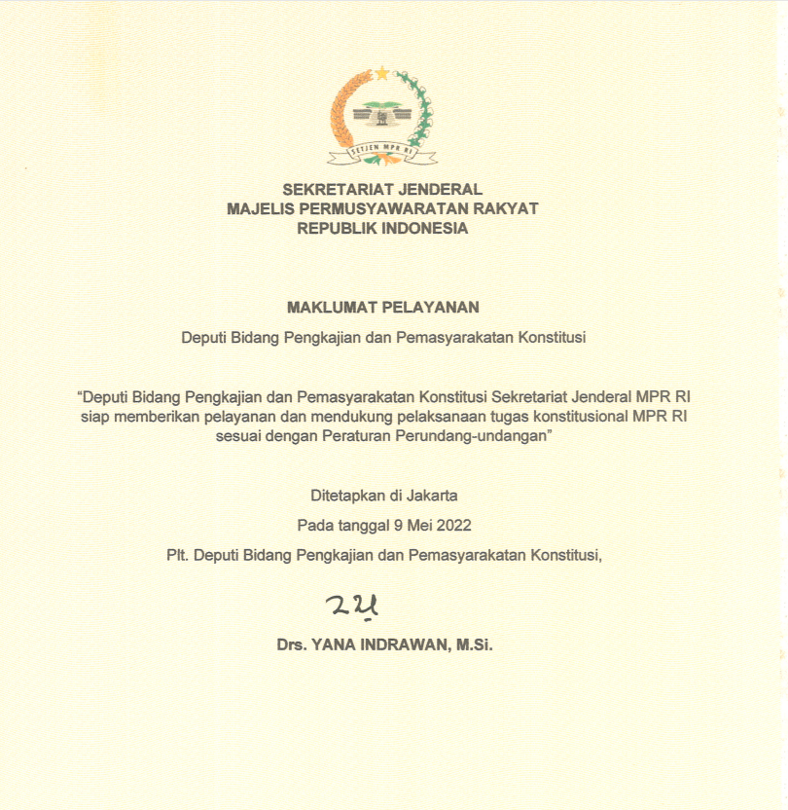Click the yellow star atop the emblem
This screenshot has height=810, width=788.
tap(382, 72)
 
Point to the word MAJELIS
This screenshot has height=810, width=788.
tap(259, 209)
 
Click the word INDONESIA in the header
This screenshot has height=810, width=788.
tap(425, 229)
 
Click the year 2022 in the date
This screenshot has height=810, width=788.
tap(453, 526)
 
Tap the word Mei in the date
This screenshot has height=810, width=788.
tap(418, 526)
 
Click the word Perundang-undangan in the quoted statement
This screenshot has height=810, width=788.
tap(474, 437)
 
